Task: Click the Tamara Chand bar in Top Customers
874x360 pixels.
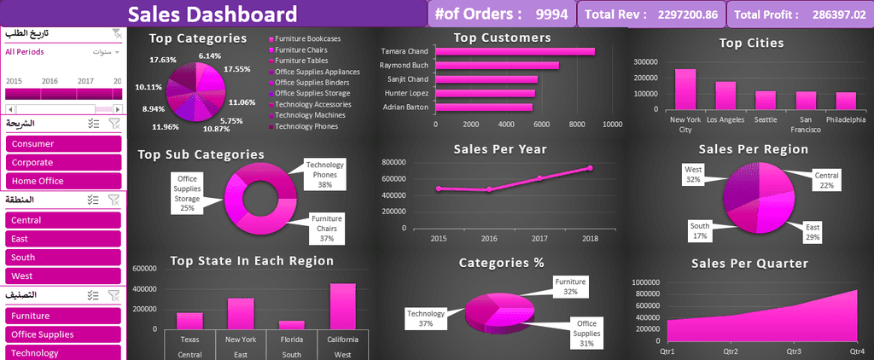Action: tap(515, 51)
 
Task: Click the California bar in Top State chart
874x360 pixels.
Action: tap(342, 306)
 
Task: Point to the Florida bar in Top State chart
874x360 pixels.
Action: tap(292, 324)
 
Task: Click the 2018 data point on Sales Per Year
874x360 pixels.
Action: tap(590, 168)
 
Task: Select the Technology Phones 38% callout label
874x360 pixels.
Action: tap(324, 174)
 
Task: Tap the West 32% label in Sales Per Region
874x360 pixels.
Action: tap(693, 175)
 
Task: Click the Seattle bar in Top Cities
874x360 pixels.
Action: tap(765, 100)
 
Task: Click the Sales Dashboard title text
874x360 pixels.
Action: tap(213, 14)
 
